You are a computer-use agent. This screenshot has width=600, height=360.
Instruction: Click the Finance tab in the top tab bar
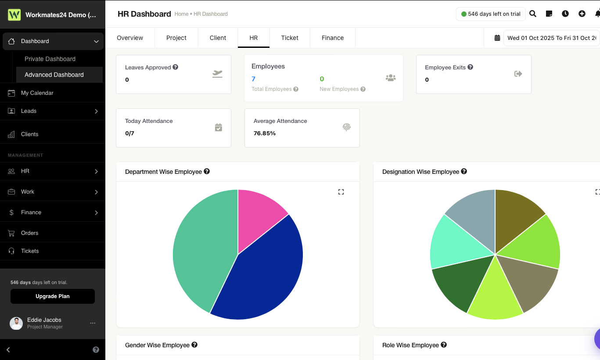(x=332, y=38)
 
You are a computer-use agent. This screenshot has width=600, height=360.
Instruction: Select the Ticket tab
(x=290, y=38)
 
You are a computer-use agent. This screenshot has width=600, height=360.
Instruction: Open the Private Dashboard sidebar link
(x=50, y=59)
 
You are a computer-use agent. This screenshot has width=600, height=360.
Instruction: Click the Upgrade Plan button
(x=53, y=296)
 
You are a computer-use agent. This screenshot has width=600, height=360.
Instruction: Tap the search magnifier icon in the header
(x=533, y=14)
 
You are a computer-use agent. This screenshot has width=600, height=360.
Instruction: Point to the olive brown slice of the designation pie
(x=516, y=214)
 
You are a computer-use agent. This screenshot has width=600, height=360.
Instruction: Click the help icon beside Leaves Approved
(x=175, y=67)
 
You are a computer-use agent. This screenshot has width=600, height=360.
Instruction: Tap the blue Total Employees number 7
(x=253, y=79)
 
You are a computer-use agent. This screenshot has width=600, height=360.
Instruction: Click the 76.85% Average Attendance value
(x=265, y=133)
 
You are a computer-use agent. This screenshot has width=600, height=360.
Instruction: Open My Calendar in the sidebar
(x=37, y=93)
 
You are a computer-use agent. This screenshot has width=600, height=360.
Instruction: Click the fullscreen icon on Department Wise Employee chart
(x=341, y=192)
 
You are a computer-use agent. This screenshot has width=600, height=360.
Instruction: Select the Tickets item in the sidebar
(x=30, y=251)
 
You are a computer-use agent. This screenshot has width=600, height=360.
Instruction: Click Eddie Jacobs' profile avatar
(x=16, y=323)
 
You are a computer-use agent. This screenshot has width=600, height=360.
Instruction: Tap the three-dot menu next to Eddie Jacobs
(x=93, y=323)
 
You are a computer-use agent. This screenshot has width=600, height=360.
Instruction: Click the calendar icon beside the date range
(x=497, y=38)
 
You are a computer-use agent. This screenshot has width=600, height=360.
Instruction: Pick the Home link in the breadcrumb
(x=181, y=14)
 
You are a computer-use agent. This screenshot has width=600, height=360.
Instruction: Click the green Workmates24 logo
(x=14, y=15)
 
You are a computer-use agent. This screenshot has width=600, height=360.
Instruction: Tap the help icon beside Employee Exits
(x=471, y=67)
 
